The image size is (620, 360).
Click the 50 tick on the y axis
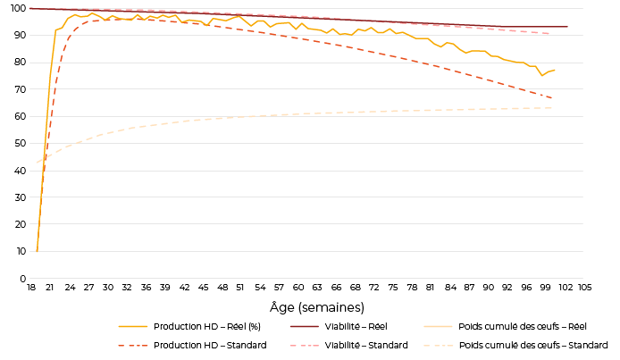coord(18,143)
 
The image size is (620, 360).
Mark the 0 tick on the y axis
coord(21,279)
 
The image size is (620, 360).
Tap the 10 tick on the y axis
coord(18,252)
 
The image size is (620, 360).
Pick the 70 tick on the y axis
coord(18,89)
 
